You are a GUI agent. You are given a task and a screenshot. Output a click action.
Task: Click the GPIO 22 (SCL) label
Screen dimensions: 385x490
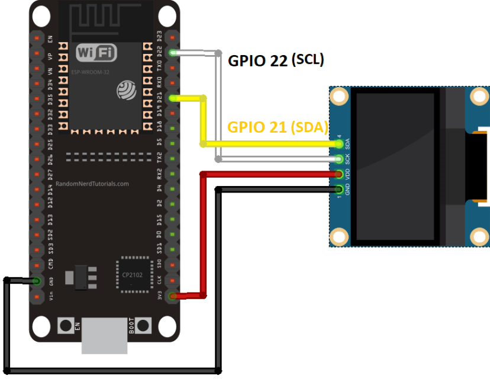[276, 60]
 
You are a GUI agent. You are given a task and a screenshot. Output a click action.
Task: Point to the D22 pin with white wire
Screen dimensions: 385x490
[173, 53]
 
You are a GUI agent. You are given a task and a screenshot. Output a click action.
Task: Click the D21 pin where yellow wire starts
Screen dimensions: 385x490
[173, 98]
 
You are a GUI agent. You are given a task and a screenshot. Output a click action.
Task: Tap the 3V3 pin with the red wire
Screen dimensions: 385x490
[173, 296]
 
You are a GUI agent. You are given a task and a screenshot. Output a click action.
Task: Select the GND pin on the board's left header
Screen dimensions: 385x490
[37, 281]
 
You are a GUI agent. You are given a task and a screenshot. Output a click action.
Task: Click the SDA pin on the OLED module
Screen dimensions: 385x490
[339, 144]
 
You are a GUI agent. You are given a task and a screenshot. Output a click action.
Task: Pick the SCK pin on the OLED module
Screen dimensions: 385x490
[339, 159]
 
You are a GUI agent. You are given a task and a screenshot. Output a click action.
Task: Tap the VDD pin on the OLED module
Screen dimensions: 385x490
[339, 174]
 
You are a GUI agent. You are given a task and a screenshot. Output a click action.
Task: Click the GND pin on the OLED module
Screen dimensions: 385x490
[339, 190]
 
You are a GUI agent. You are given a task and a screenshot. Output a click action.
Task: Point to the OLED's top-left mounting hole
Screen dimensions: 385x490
[339, 96]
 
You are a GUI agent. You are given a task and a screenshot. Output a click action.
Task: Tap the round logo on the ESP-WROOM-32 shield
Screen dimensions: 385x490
[126, 89]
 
